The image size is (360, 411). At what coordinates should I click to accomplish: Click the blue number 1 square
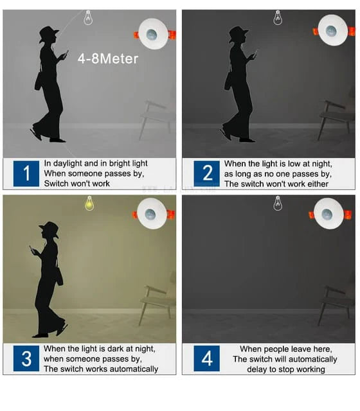(26, 173)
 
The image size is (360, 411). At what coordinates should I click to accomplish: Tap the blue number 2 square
(207, 173)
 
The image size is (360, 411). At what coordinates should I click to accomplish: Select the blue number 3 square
(26, 358)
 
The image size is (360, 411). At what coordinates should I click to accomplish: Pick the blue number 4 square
(207, 358)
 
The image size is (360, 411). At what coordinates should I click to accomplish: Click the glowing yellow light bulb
(89, 204)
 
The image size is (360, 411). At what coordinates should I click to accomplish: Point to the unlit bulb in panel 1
(88, 18)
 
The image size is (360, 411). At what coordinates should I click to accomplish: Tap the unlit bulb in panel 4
(278, 204)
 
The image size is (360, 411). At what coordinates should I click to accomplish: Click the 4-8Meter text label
(108, 58)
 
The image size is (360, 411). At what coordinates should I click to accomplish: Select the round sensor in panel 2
(333, 30)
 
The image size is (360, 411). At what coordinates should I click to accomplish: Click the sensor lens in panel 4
(327, 214)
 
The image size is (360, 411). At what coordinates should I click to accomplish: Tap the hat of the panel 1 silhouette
(48, 33)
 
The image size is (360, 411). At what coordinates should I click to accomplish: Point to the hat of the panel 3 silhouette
(50, 229)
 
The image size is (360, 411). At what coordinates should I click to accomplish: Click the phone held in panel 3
(32, 249)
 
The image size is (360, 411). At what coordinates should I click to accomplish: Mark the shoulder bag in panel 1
(39, 81)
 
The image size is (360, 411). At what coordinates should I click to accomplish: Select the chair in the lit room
(157, 302)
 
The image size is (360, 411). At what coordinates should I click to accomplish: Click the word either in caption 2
(318, 184)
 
